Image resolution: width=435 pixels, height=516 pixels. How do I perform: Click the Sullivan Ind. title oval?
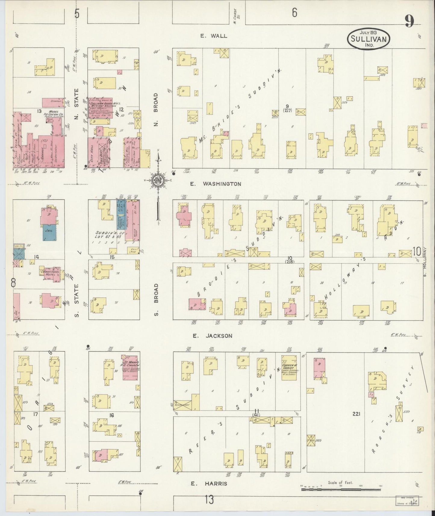[x=369, y=39]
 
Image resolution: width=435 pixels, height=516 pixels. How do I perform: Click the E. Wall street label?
[x=214, y=36]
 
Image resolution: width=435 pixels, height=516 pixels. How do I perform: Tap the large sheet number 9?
[x=409, y=21]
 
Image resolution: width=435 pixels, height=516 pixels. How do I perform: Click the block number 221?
[x=356, y=414]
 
